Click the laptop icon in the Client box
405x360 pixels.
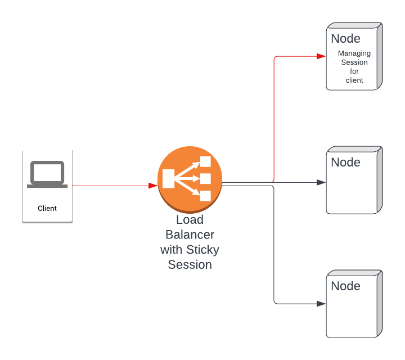coord(47,174)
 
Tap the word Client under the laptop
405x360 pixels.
coord(47,208)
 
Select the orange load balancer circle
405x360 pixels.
coord(190,179)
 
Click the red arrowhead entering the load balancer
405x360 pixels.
coord(153,185)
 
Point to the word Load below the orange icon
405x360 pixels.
coord(190,220)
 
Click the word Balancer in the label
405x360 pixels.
coord(190,235)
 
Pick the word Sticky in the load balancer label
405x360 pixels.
coord(202,250)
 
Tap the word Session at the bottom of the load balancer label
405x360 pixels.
coord(190,264)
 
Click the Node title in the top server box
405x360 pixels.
coord(345,39)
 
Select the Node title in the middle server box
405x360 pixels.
coord(345,163)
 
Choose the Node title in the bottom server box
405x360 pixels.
coord(345,286)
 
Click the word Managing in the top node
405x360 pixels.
coord(354,53)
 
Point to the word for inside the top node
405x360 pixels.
coord(354,71)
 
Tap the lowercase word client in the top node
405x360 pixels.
coord(354,80)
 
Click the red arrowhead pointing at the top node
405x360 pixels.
coord(322,56)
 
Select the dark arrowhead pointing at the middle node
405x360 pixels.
coord(322,182)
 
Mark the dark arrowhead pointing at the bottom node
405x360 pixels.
coord(322,304)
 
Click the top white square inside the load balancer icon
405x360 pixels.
coord(205,162)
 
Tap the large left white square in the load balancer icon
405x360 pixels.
coord(168,179)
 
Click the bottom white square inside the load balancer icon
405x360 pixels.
coord(205,196)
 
